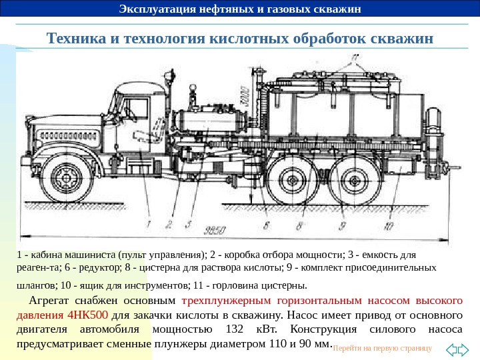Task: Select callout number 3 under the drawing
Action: point(190,224)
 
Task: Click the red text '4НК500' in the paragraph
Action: point(89,315)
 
